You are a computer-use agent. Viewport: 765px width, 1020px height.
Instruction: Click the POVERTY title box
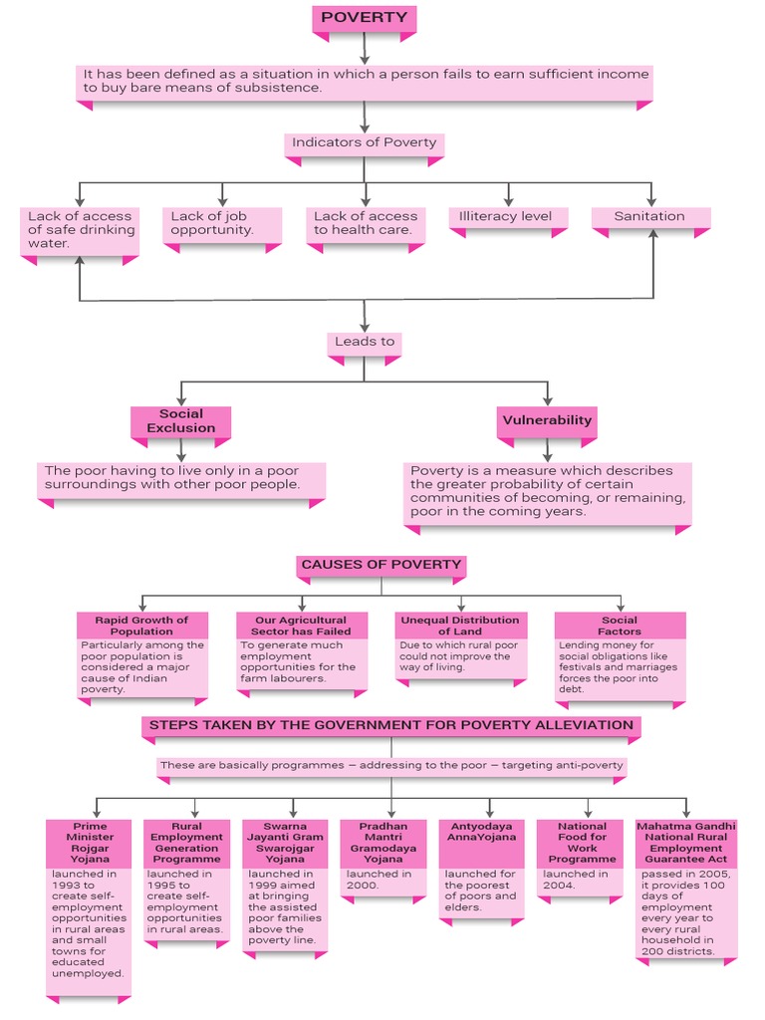(364, 18)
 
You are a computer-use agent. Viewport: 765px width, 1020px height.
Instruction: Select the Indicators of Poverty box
(364, 143)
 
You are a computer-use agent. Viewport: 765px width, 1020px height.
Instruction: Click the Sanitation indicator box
(650, 216)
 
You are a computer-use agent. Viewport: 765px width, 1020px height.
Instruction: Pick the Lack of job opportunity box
(222, 223)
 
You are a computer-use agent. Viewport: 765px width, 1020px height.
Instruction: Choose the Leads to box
(364, 342)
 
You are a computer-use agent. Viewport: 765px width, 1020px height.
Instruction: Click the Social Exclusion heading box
(180, 421)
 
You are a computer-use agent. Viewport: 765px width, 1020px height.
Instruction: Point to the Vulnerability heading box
(547, 420)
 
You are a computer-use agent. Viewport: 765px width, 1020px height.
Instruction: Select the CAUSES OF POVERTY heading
(382, 565)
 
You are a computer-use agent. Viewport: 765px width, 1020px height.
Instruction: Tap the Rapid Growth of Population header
(141, 625)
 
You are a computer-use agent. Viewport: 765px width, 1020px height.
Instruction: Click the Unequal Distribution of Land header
(460, 625)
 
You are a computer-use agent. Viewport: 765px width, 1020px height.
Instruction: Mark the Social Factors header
(620, 625)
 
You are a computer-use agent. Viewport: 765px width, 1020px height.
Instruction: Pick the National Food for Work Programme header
(582, 842)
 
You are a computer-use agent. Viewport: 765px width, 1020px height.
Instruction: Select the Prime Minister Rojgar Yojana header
(89, 842)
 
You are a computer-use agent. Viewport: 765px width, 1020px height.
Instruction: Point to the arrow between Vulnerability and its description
(547, 451)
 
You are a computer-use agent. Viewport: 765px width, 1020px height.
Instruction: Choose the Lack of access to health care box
(366, 223)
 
